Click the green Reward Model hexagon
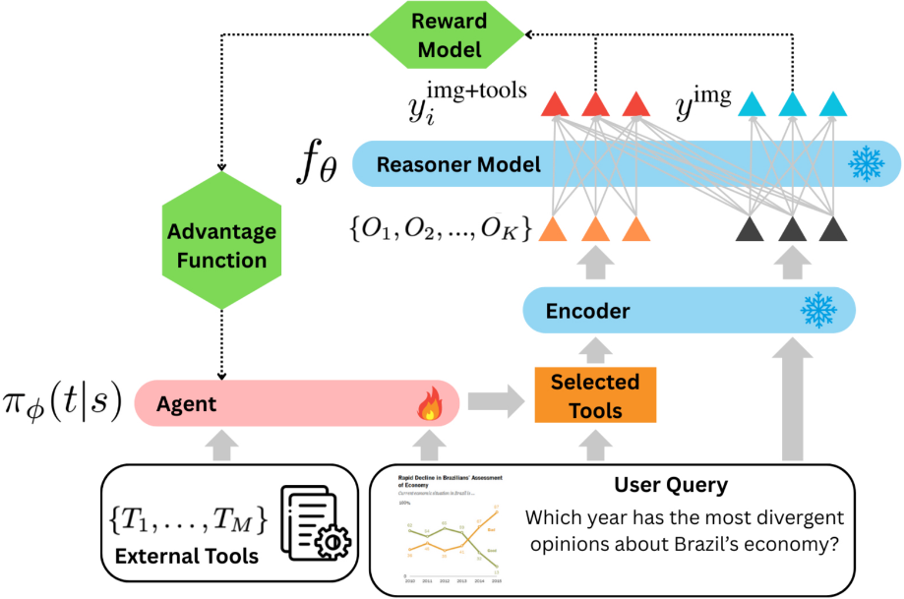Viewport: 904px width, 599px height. tap(447, 35)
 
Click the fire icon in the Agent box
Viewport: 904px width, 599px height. tap(430, 404)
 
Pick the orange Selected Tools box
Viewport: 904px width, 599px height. tap(595, 395)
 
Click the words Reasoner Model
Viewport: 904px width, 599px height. tap(458, 164)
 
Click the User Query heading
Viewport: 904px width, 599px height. tap(671, 484)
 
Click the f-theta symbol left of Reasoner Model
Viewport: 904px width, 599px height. tap(317, 164)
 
